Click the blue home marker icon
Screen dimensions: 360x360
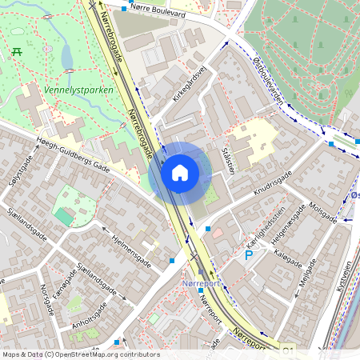[x=180, y=172]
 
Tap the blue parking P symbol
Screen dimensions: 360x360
[x=249, y=254]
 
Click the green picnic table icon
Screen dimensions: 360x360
[x=16, y=51]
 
